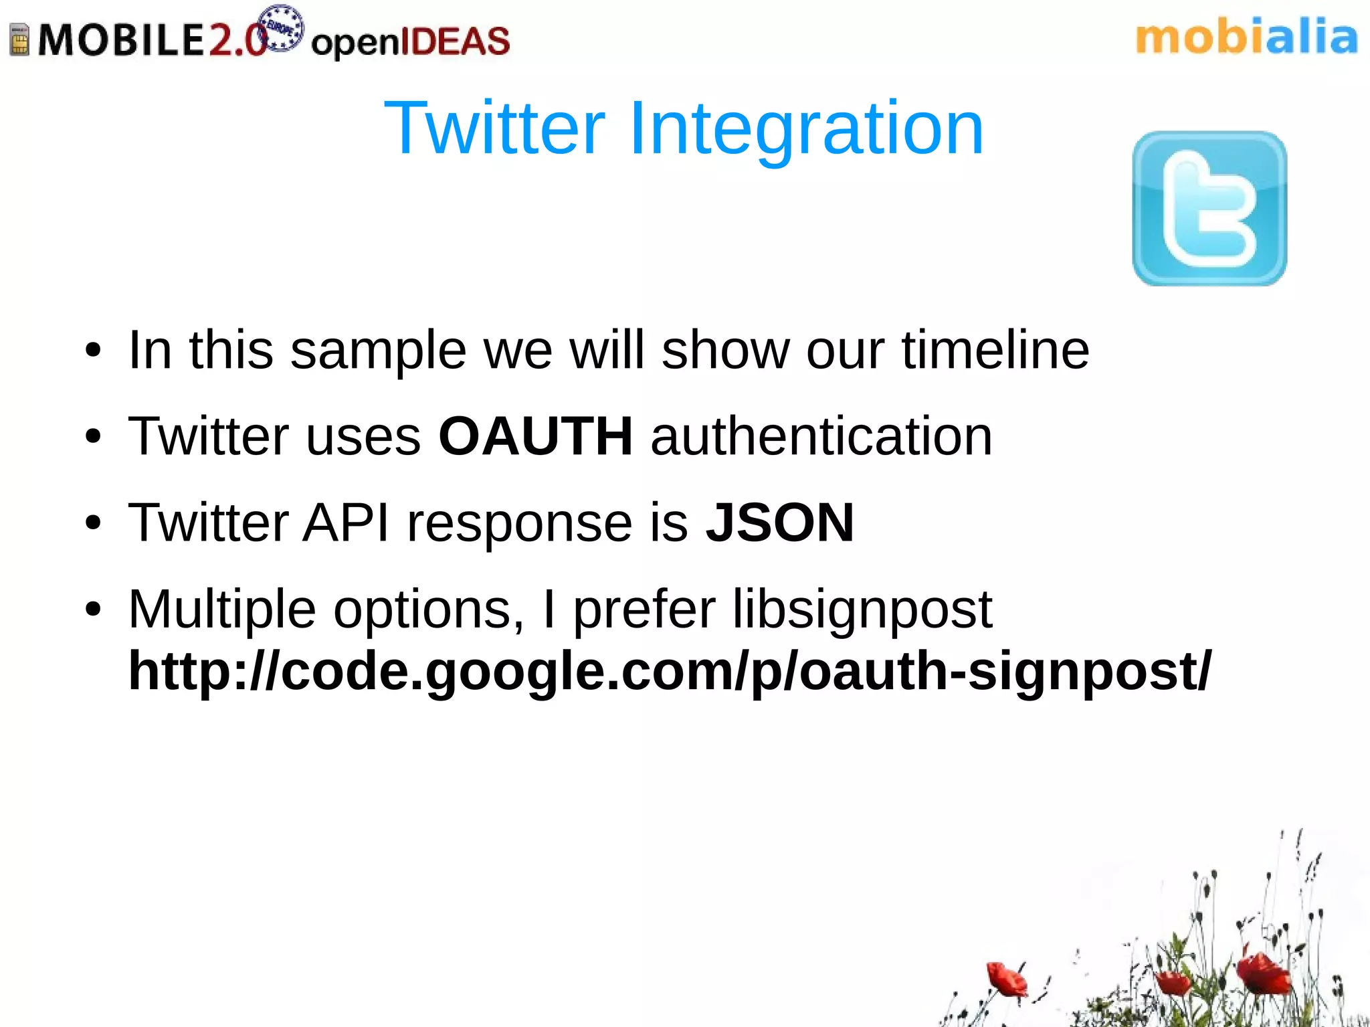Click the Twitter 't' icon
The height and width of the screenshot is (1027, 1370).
click(x=1209, y=209)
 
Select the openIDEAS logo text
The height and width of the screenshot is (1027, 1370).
click(x=410, y=41)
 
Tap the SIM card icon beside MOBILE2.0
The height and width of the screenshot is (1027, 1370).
click(x=20, y=39)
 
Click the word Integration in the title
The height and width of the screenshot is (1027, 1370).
click(x=805, y=128)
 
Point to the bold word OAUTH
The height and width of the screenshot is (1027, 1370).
click(x=535, y=436)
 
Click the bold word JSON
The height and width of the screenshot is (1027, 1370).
click(x=780, y=523)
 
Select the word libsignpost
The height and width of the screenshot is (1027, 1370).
click(x=862, y=609)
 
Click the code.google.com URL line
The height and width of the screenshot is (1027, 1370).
click(x=669, y=671)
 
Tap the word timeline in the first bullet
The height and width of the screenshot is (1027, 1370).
click(x=995, y=350)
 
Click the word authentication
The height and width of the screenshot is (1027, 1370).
click(x=821, y=436)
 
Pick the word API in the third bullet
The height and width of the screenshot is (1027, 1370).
click(x=346, y=523)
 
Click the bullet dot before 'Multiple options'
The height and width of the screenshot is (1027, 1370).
click(x=93, y=610)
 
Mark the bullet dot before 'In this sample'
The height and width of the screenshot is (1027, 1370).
click(x=93, y=350)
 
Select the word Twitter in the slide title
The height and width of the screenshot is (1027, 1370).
click(x=495, y=128)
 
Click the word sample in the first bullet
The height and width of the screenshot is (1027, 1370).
click(x=378, y=350)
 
